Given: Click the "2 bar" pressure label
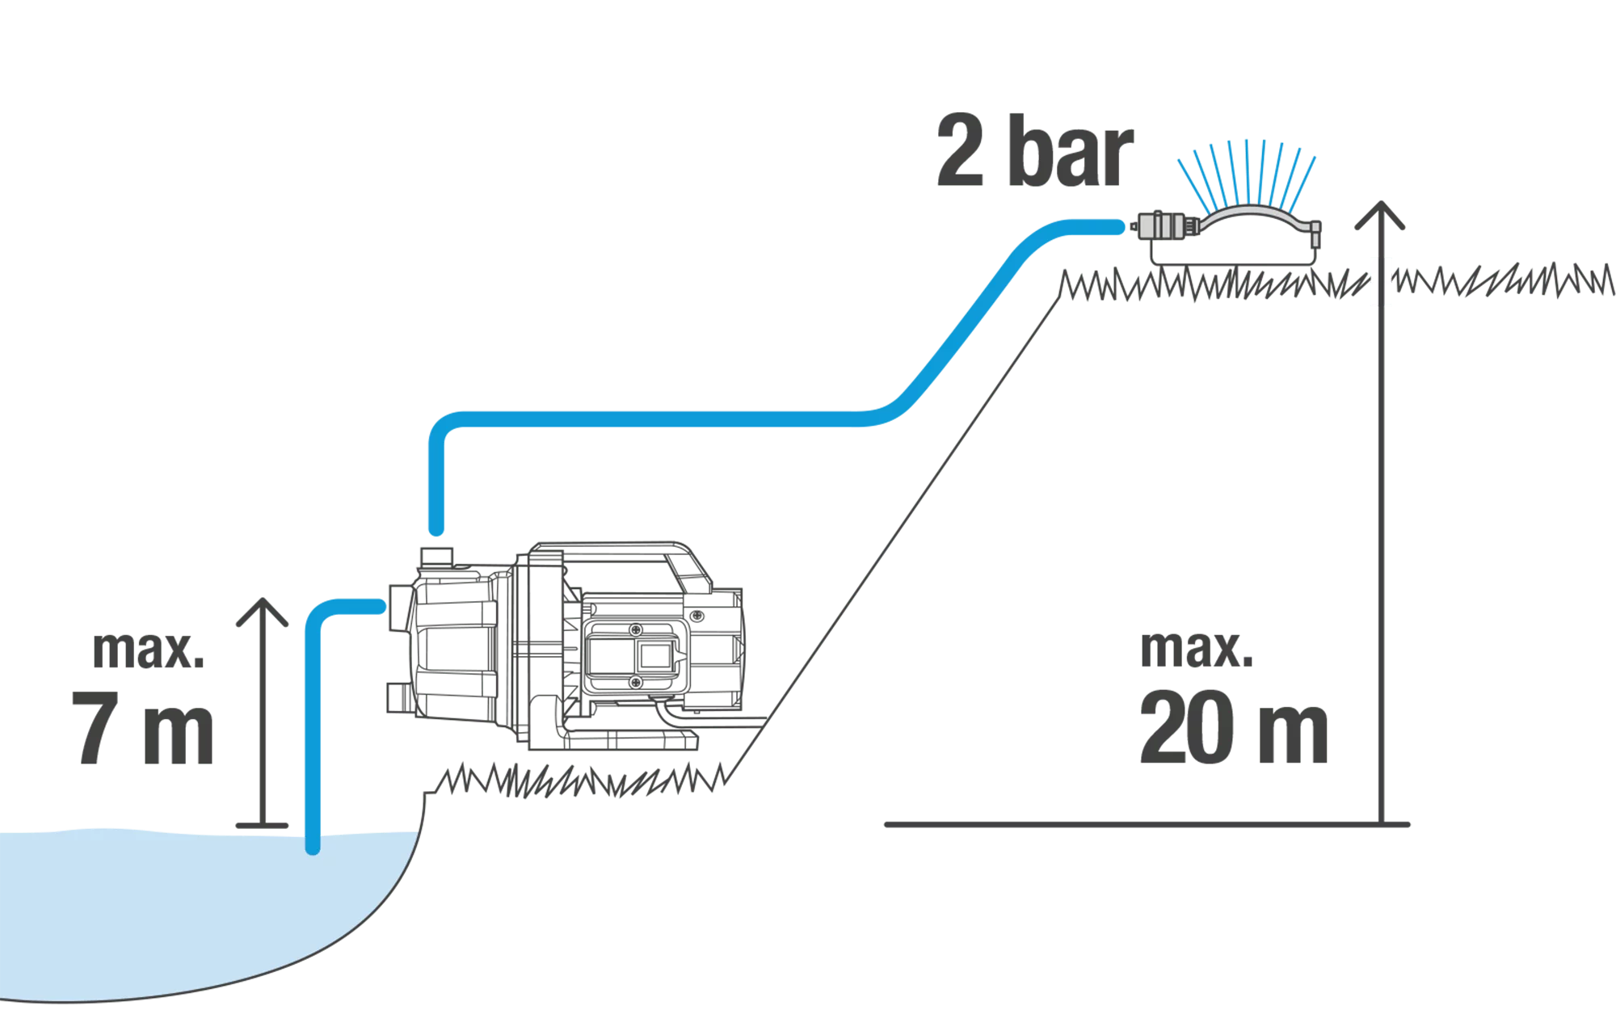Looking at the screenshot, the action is click(1034, 150).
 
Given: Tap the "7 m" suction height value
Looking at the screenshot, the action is click(143, 727).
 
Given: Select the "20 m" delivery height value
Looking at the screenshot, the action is click(1234, 727).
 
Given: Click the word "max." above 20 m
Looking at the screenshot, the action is click(1197, 648).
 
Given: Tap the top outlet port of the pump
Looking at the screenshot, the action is click(436, 557).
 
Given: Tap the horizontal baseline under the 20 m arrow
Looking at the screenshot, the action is click(1147, 825).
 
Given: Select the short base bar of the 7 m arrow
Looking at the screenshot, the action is click(262, 825).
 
